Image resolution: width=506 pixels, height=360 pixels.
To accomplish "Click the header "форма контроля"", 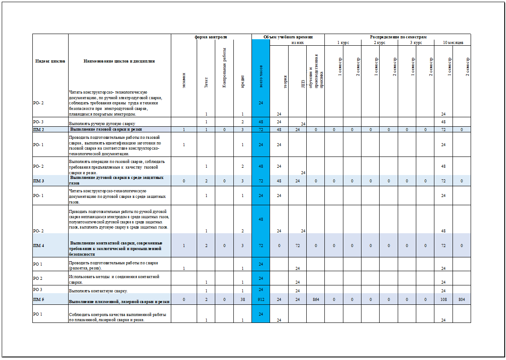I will point(211,37).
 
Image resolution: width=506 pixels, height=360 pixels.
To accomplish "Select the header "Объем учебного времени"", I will point(288,37).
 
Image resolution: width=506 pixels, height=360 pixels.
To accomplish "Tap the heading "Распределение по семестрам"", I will point(398,37).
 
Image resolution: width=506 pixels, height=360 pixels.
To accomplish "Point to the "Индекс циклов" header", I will point(50,61).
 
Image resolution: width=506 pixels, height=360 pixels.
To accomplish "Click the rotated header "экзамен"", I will point(184,80).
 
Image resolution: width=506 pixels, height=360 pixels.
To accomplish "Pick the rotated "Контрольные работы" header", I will point(224,68).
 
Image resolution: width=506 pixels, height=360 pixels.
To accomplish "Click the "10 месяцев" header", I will point(453,43).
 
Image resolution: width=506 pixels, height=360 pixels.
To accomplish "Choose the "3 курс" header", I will point(416,43).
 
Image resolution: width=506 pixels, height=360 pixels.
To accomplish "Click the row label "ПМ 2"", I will point(39,129).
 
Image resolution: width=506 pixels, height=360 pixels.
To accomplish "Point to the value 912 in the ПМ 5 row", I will point(261,299).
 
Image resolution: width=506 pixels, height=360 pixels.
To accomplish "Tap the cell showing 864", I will point(316,299).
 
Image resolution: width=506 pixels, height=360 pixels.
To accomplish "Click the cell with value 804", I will point(462,299).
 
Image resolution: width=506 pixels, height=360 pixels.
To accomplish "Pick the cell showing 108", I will point(443,299).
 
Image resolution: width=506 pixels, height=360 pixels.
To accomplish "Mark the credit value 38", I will point(243,299).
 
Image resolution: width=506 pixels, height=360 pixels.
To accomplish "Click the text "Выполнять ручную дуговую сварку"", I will point(102,123).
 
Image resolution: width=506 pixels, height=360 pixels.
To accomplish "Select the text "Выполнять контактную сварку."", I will point(98,291).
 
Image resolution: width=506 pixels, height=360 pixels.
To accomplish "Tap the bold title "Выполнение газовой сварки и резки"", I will point(106,129).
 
